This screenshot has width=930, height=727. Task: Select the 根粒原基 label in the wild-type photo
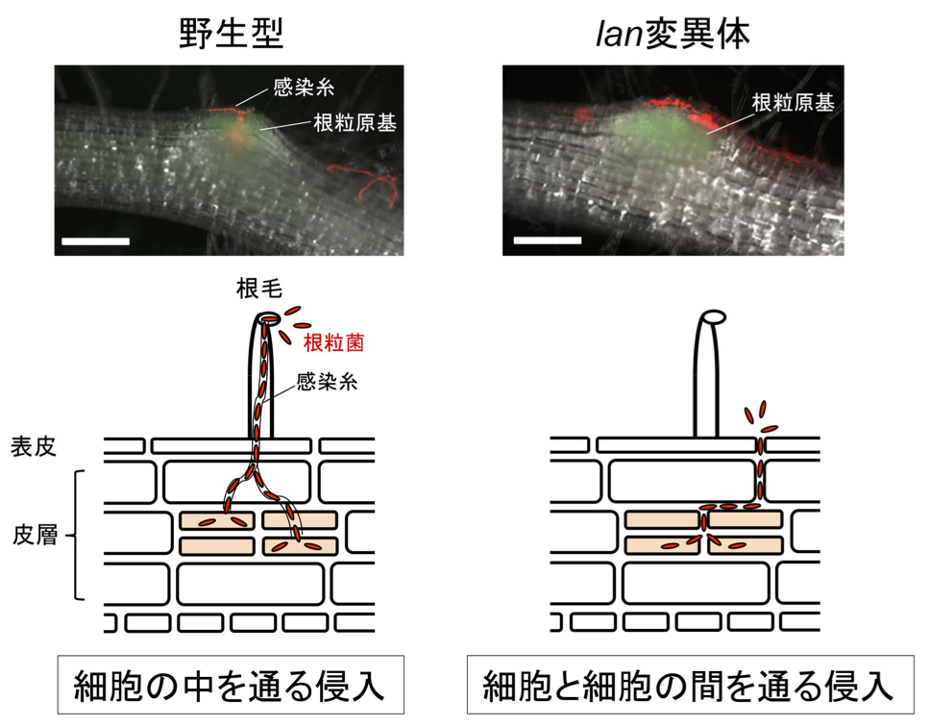click(354, 123)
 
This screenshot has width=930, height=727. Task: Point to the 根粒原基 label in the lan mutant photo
click(793, 104)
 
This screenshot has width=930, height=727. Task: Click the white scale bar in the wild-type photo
click(95, 239)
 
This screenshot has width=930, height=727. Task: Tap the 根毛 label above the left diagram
click(257, 288)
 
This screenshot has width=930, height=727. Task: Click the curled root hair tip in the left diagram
click(266, 318)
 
